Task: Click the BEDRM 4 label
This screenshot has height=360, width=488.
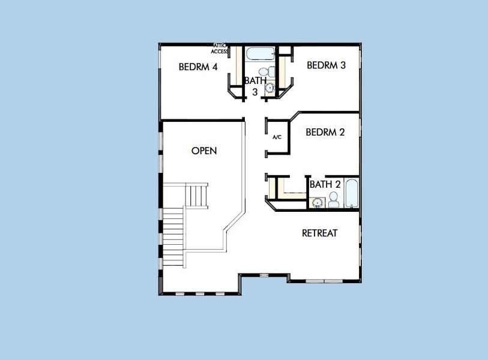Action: coord(198,67)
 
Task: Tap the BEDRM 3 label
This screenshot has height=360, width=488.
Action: coord(326,65)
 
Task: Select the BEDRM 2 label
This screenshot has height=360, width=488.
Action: coord(325,133)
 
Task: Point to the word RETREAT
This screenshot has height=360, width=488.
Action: coord(319,233)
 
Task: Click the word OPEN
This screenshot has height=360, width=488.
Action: coord(204,151)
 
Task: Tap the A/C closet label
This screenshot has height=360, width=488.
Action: coord(277,137)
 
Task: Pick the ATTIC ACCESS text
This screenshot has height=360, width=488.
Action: coord(219,48)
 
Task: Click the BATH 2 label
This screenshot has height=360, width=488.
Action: coord(325,184)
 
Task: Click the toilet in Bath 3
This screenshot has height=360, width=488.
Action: coord(271,73)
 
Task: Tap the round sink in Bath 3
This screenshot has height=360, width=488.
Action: coord(270,88)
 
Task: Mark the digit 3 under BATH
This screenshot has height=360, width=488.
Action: coord(255,92)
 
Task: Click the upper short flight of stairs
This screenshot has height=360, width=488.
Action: coord(197,195)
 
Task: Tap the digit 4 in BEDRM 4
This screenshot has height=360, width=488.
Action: coord(214,67)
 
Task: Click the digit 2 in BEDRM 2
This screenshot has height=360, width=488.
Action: coord(342,133)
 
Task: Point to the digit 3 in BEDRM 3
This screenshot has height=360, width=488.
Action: coord(343,65)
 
